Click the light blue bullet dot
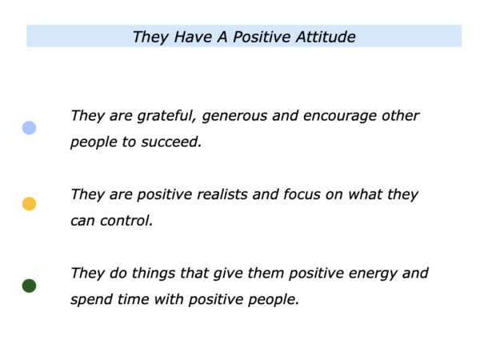point(29,128)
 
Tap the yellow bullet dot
point(29,203)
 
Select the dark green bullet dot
point(29,286)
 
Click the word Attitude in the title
point(326,37)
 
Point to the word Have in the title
point(193,37)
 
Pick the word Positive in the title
point(262,37)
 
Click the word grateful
point(166,116)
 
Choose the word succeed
point(171,142)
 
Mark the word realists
point(222,194)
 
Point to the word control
point(126,221)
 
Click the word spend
point(91,300)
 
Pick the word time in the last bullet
point(133,299)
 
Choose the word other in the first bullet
point(401,116)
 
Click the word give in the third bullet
point(228,274)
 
